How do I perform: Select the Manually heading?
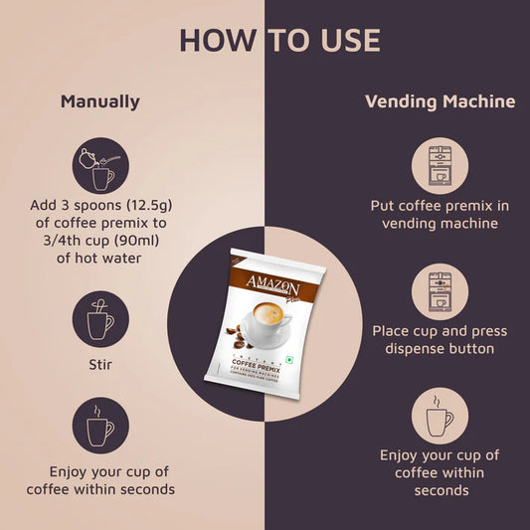tap(100, 101)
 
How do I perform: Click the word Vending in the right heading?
tap(399, 101)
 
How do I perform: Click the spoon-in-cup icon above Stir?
tap(99, 319)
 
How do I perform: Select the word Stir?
tap(99, 365)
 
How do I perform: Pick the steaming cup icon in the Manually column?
tap(99, 427)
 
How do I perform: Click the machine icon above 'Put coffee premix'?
tap(440, 166)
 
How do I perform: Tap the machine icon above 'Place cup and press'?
tap(440, 291)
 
